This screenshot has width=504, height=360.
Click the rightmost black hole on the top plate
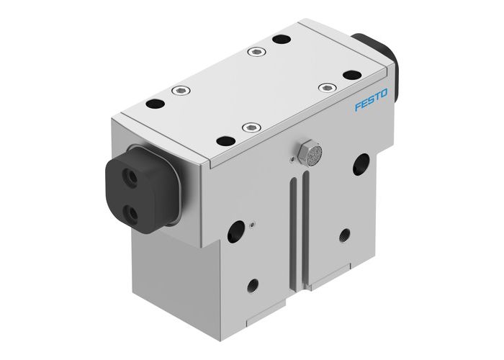coord(351,75)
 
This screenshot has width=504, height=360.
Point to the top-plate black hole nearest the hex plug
coord(226,141)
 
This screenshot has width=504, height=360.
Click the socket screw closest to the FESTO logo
coord(327,88)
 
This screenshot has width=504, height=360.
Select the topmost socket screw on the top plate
coord(255,52)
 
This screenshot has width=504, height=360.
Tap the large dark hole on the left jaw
coord(235,233)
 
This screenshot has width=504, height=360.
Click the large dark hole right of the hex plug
coord(359,165)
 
